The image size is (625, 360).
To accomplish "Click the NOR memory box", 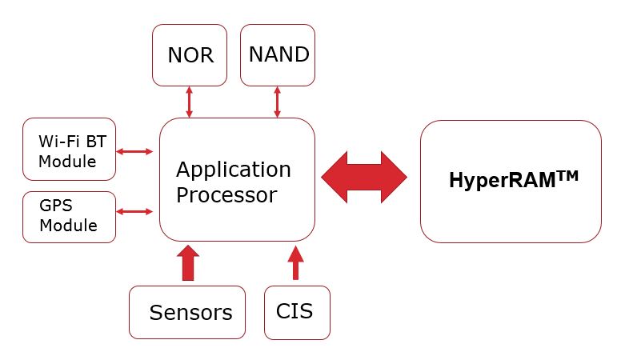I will point(190,54).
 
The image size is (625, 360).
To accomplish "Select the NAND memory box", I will point(278,54).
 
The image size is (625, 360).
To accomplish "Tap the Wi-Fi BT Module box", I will point(70,150).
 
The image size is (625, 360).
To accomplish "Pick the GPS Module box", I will point(70,215).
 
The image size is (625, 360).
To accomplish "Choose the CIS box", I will point(296,312).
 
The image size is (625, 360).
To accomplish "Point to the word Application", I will point(234,170).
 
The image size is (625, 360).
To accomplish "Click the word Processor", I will point(226,194).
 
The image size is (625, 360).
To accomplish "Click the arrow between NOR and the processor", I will point(190,102).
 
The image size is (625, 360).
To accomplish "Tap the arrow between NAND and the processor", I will point(278,102).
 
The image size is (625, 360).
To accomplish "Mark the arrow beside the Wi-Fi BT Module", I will point(135,150).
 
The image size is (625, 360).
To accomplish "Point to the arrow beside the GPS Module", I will point(135,212).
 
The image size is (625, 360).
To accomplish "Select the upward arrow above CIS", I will point(296,263).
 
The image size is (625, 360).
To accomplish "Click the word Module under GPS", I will point(69,226).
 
